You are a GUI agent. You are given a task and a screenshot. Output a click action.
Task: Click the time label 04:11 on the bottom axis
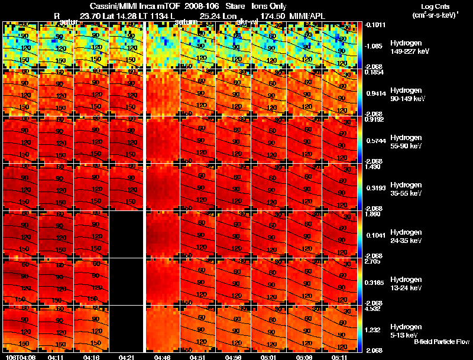click(x=56, y=357)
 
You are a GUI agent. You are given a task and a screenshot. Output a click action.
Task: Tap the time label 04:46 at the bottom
click(x=163, y=357)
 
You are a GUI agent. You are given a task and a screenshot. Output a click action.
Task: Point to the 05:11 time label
click(x=339, y=357)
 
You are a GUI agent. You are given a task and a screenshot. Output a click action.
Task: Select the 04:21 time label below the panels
click(x=127, y=357)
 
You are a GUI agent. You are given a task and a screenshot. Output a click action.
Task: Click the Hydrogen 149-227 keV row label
click(x=406, y=48)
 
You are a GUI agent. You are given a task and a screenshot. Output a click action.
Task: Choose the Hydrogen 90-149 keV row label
click(x=406, y=95)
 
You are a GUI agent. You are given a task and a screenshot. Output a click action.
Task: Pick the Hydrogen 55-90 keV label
click(x=406, y=142)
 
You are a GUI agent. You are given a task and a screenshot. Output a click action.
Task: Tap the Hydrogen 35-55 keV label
click(x=406, y=189)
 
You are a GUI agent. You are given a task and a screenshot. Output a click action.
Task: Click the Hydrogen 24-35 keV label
click(x=406, y=236)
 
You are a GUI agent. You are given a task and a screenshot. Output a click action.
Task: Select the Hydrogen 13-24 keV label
click(x=406, y=283)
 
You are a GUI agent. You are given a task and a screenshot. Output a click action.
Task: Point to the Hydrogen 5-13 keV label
click(x=406, y=330)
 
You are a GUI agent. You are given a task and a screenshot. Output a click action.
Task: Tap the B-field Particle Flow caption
click(x=440, y=342)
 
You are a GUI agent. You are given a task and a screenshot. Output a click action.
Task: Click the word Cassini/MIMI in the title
click(x=111, y=6)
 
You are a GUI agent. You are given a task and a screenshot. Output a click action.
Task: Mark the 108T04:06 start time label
click(x=19, y=357)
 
